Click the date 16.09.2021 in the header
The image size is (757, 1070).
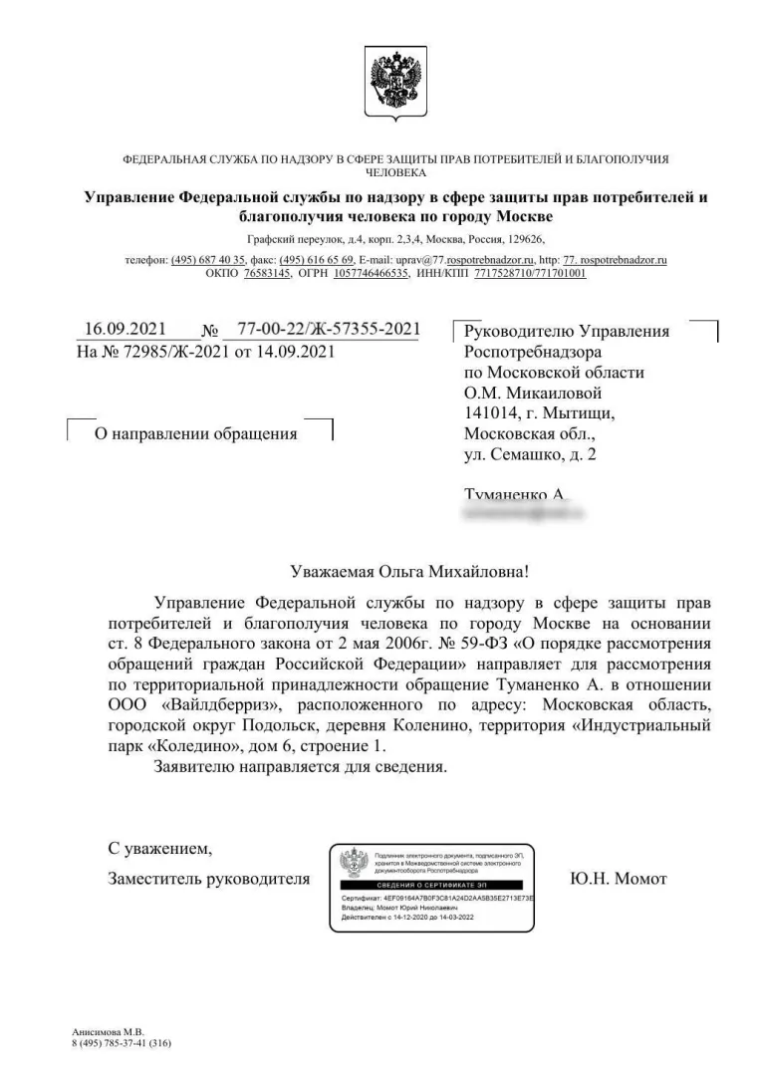tap(125, 330)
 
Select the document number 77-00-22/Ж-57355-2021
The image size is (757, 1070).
tap(328, 330)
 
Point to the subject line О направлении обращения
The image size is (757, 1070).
tap(195, 433)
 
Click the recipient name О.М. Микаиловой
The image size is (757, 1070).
tap(538, 394)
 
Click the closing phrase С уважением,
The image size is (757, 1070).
tap(159, 849)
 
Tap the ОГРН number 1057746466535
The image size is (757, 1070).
tap(372, 272)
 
